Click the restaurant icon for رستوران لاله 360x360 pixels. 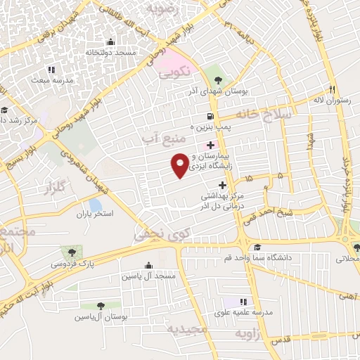coord(331,90)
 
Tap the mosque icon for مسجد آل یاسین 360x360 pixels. coord(148,266)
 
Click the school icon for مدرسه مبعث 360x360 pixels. coord(51,70)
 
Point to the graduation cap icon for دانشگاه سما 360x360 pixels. coord(257,247)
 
